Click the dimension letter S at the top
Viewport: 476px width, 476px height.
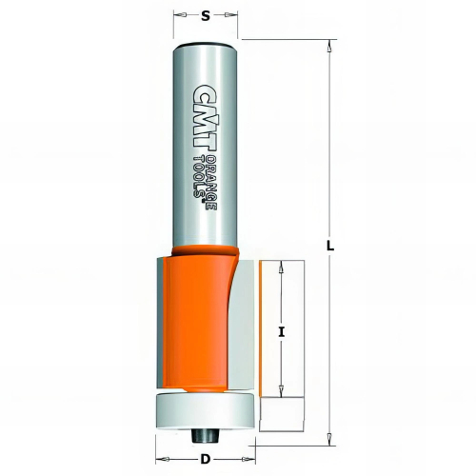pos(206,16)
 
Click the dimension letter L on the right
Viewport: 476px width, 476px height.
pos(330,246)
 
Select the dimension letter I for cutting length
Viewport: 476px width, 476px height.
pos(281,332)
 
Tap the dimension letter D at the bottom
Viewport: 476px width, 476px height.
pos(206,459)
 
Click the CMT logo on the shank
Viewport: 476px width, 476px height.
pos(201,116)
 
